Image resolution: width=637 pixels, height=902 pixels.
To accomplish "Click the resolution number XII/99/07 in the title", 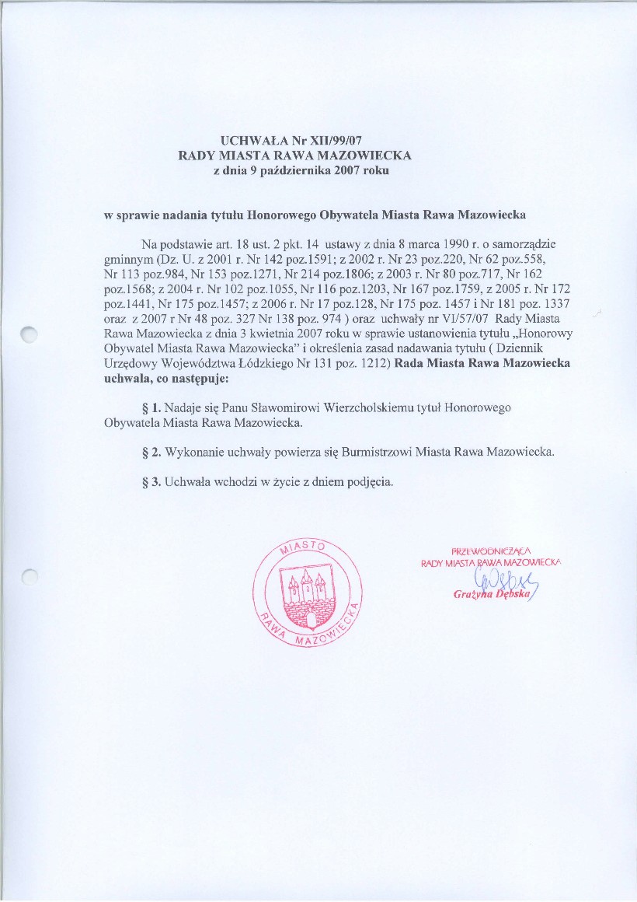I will (x=336, y=142).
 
